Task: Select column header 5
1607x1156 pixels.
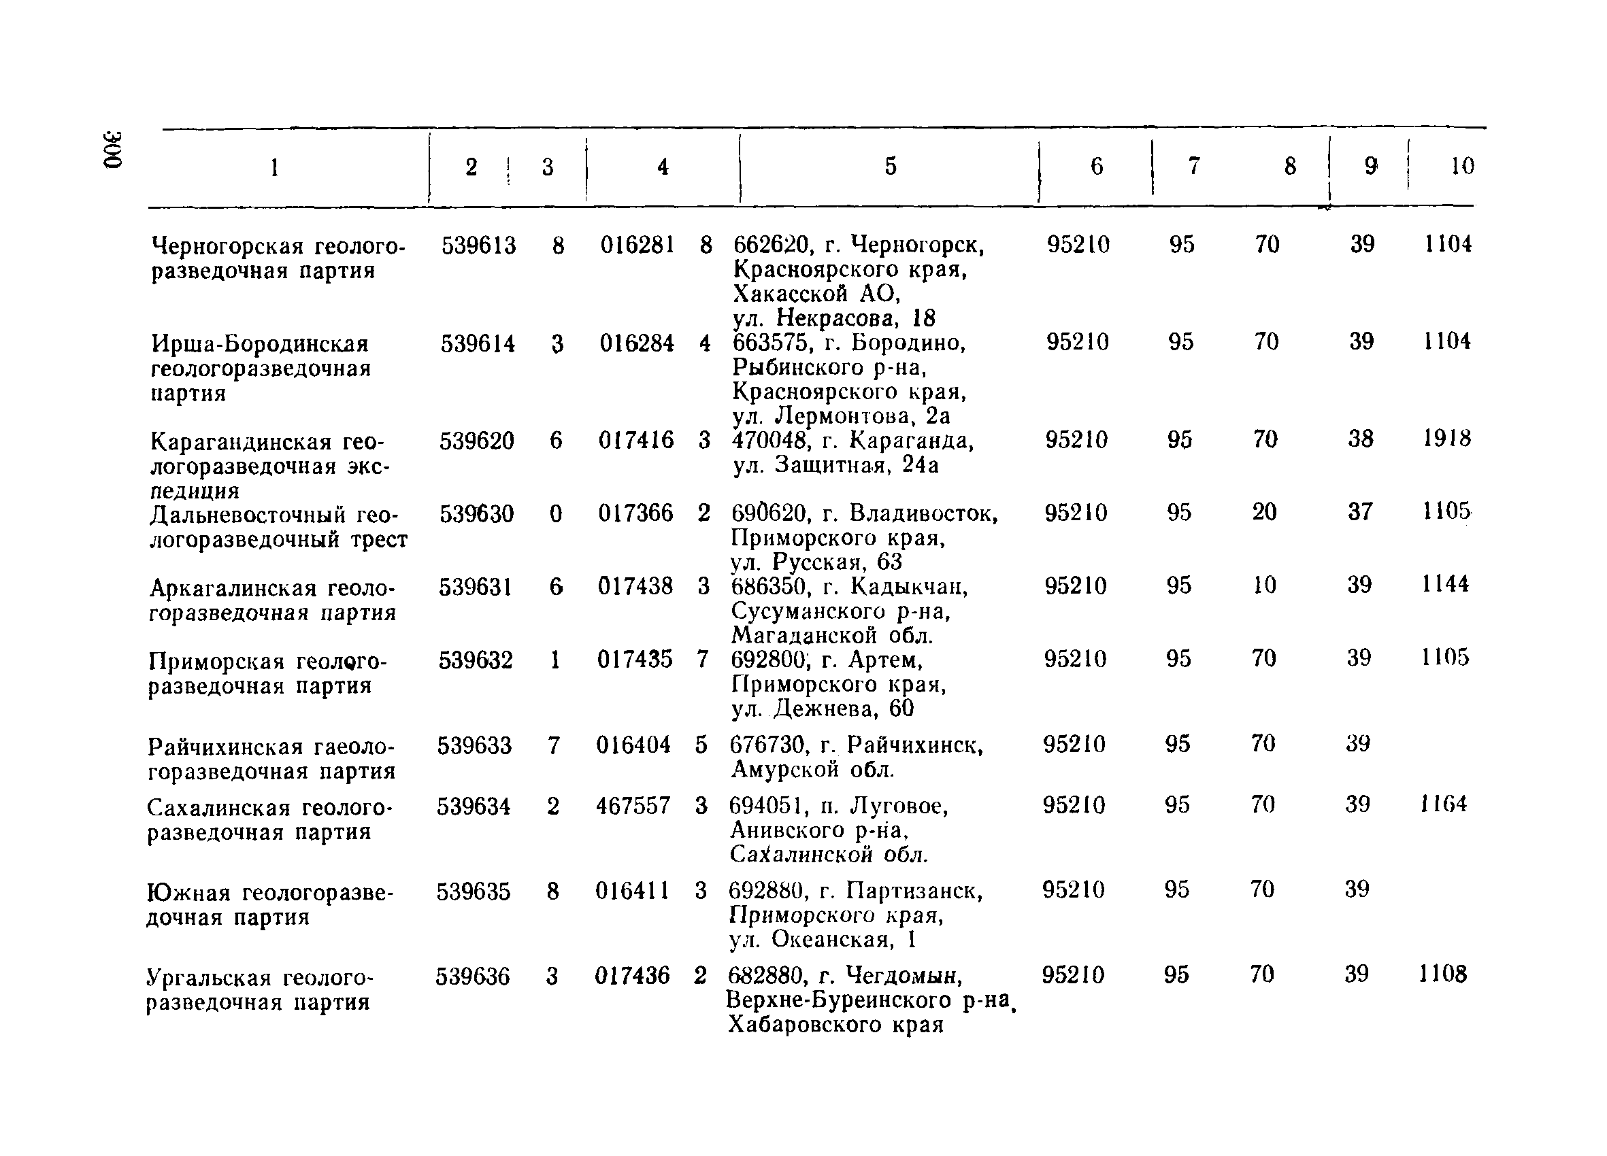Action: pos(891,166)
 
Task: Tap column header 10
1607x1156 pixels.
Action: pos(1462,166)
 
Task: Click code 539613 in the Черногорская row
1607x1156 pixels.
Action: pos(479,245)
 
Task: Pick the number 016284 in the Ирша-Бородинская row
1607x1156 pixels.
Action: pos(637,343)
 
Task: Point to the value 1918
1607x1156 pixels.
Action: pos(1447,439)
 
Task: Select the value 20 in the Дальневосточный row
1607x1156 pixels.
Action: pos(1264,512)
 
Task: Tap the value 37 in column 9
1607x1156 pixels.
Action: pos(1361,512)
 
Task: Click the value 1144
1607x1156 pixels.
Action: pos(1446,585)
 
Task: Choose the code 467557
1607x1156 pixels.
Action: pos(633,806)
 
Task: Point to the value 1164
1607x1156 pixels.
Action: pos(1443,804)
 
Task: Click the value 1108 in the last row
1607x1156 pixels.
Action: pos(1442,974)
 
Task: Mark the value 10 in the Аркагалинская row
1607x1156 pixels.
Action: pos(1264,585)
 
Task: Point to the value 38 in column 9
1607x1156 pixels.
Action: pos(1361,439)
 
